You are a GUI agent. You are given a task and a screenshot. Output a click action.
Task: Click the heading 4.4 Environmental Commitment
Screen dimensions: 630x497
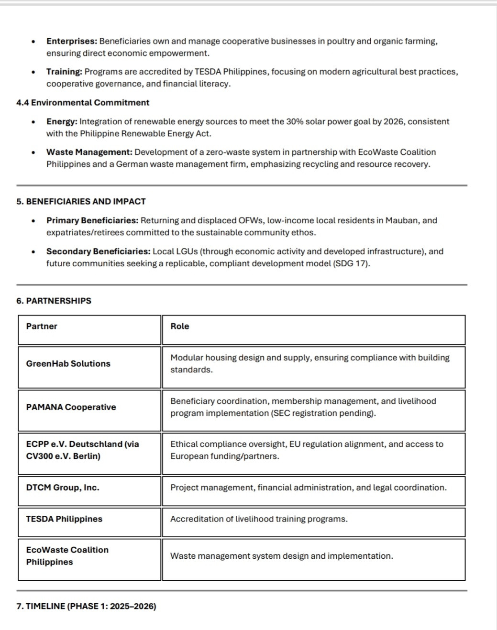coord(82,103)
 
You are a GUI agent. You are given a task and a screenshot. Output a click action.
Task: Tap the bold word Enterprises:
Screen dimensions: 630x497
coord(72,42)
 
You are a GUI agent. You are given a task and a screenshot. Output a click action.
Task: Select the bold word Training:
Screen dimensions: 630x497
coord(64,72)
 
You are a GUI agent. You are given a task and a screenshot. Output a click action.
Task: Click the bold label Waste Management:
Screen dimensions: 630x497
coord(89,152)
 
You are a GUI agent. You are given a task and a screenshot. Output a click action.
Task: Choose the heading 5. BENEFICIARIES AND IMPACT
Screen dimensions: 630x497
coord(81,202)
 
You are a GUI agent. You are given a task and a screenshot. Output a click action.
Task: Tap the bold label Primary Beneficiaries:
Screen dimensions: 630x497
coord(92,221)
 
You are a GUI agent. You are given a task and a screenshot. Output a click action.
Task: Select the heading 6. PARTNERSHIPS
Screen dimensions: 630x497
coord(54,301)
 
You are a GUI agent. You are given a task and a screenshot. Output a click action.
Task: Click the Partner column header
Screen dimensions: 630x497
coord(42,326)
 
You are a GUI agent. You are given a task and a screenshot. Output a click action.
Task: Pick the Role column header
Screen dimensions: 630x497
coord(180,326)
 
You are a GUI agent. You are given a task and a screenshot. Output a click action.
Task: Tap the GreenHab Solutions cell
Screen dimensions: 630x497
coord(68,364)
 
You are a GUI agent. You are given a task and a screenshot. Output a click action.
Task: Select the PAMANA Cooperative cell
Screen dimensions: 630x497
coord(71,407)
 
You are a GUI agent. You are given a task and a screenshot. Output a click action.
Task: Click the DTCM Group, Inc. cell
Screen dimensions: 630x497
coord(63,488)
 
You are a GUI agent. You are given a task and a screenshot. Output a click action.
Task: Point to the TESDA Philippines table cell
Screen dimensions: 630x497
coord(64,519)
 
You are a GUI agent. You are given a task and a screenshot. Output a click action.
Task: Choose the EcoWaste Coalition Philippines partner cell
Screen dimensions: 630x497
coord(67,556)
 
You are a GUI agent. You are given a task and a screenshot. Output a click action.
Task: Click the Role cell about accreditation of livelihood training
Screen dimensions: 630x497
coord(259,519)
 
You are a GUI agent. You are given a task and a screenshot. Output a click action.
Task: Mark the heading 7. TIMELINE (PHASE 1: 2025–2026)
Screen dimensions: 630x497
coord(86,607)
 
